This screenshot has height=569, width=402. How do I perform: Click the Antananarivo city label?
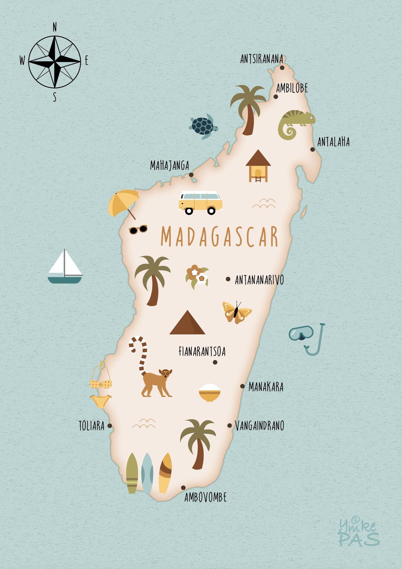(259, 280)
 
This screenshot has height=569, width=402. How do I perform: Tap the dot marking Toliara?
(110, 426)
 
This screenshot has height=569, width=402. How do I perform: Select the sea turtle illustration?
(203, 126)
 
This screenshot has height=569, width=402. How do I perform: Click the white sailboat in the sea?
(65, 267)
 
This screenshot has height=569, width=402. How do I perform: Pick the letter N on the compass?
(55, 27)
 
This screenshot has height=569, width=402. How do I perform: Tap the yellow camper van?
(200, 202)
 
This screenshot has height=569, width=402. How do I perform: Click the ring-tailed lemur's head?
(165, 374)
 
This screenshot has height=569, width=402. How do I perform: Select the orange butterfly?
(236, 312)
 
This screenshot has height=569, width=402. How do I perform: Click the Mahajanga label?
(169, 166)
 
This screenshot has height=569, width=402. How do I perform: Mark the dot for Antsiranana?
(282, 68)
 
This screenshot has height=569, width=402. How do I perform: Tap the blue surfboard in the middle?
(147, 473)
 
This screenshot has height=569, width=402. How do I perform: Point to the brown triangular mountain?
(187, 323)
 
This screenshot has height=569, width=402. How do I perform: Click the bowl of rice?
(210, 393)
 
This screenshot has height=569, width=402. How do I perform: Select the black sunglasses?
(138, 229)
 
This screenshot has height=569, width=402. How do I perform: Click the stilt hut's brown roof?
(258, 158)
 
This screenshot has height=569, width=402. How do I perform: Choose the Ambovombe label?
(205, 497)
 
